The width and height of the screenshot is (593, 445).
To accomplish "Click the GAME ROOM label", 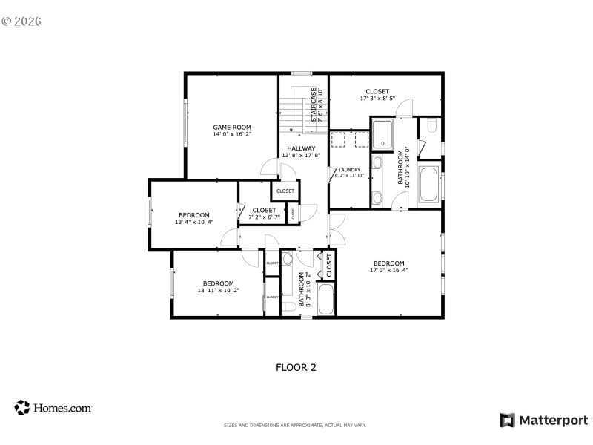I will pyautogui.click(x=232, y=127).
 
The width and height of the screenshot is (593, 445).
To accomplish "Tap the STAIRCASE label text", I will pyautogui.click(x=314, y=105).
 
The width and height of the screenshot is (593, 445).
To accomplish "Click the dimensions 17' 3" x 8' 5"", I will pyautogui.click(x=377, y=98).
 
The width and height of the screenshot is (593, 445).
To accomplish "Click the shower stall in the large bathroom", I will pyautogui.click(x=382, y=133).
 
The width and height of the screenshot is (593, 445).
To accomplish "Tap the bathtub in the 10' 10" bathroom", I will pyautogui.click(x=429, y=184).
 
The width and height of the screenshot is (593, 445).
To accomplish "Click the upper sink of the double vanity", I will pyautogui.click(x=377, y=163).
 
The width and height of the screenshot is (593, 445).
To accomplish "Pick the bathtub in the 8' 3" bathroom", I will pyautogui.click(x=326, y=299).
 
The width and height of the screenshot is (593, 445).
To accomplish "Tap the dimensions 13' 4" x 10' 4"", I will pyautogui.click(x=194, y=222).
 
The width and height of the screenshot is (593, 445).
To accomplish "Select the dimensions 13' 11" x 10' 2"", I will pyautogui.click(x=219, y=291).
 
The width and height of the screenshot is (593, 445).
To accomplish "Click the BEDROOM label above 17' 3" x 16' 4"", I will pyautogui.click(x=388, y=263).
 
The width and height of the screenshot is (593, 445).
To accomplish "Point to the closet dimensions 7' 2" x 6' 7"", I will pyautogui.click(x=264, y=217).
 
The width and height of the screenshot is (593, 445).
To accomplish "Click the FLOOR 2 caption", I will pyautogui.click(x=296, y=366).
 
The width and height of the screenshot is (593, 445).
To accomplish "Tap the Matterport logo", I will pyautogui.click(x=544, y=420).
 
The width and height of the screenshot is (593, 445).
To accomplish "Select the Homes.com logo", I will pyautogui.click(x=53, y=407).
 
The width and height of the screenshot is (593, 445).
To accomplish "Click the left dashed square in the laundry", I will pyautogui.click(x=340, y=139).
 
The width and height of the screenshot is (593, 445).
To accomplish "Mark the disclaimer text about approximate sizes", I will pyautogui.click(x=295, y=425).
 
